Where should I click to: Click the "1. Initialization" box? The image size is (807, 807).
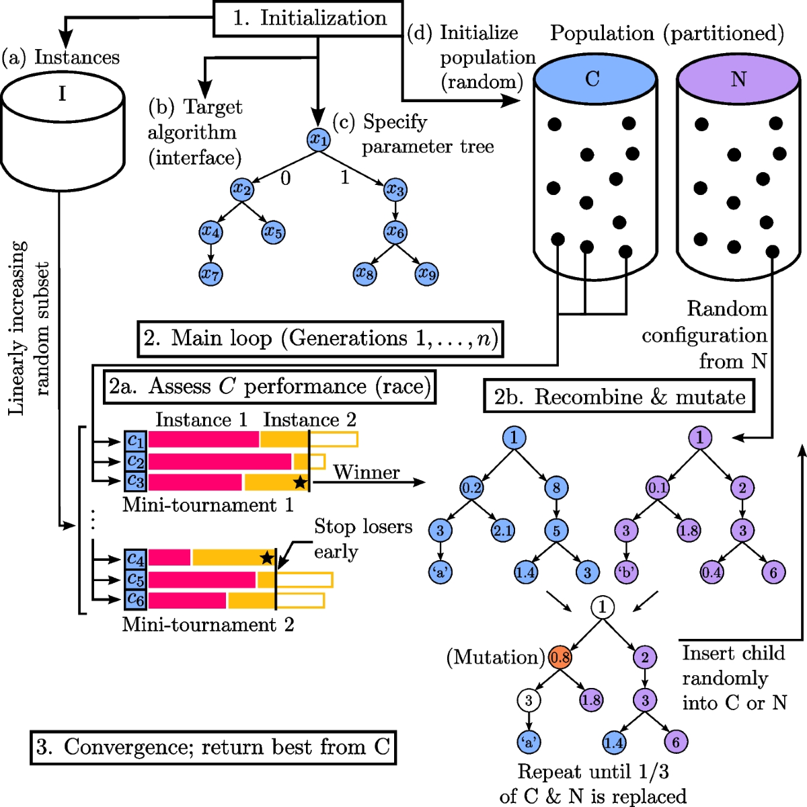tap(309, 18)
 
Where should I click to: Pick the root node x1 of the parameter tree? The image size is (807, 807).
tap(318, 140)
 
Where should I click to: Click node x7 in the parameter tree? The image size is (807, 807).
tap(211, 274)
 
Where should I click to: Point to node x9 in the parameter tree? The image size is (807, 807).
tap(427, 274)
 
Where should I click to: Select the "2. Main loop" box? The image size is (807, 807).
tap(320, 338)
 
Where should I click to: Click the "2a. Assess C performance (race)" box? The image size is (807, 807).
tap(269, 387)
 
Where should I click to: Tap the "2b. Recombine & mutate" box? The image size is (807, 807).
tap(619, 397)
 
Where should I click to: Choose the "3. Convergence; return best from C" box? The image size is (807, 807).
tap(213, 747)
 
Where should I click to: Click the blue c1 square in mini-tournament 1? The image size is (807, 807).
tap(135, 440)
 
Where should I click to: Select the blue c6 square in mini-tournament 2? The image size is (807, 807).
tap(135, 600)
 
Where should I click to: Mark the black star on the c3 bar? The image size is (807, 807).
tap(300, 482)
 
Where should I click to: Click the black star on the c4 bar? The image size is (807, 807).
tap(267, 558)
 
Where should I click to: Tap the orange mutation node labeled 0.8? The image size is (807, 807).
tap(560, 657)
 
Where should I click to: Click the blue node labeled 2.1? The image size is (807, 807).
tap(502, 531)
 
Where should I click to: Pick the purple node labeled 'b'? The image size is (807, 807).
tap(626, 573)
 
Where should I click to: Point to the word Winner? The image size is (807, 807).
tap(366, 473)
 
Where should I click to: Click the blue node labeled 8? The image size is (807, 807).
tap(556, 488)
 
